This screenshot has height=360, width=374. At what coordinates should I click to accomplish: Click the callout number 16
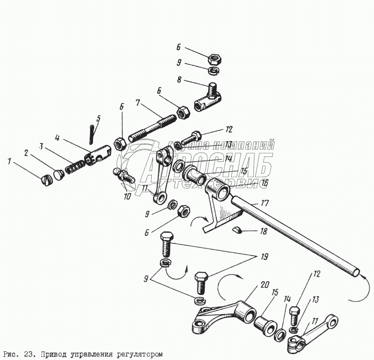coord(265,183)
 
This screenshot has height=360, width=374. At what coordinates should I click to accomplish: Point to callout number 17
coord(265,203)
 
